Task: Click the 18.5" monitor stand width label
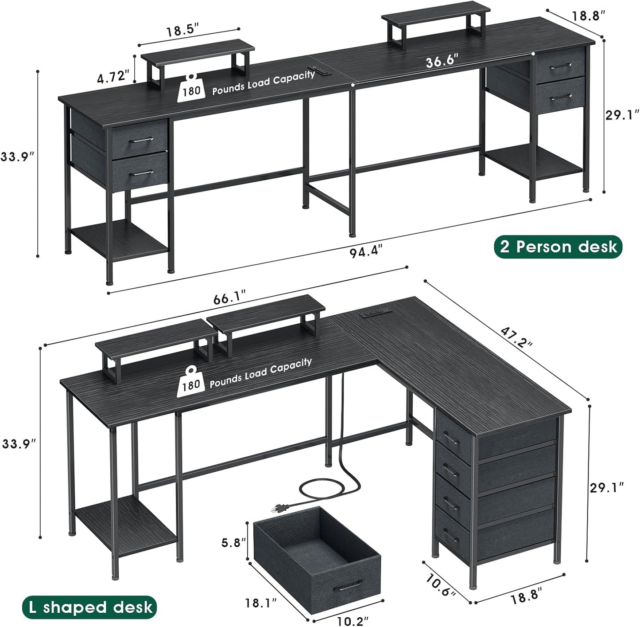(182, 31)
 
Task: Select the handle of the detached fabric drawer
(346, 588)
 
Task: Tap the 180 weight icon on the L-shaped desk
(191, 381)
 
